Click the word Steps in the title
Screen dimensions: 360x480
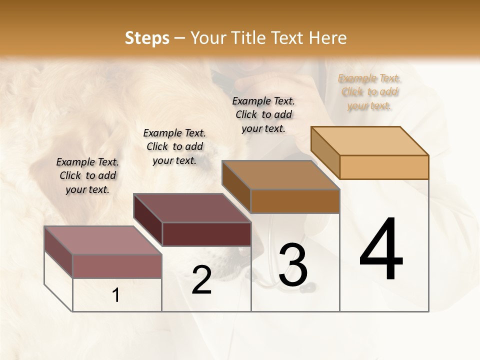pyautogui.click(x=147, y=38)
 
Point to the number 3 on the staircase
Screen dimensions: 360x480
pyautogui.click(x=293, y=265)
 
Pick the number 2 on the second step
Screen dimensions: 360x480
pyautogui.click(x=201, y=280)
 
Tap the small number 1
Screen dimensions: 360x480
pyautogui.click(x=116, y=295)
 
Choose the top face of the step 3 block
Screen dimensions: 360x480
pyautogui.click(x=280, y=175)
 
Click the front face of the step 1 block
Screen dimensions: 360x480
pyautogui.click(x=117, y=266)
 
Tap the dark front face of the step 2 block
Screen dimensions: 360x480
pyautogui.click(x=206, y=234)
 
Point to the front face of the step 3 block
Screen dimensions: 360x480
pyautogui.click(x=295, y=201)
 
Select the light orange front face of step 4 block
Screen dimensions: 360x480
pyautogui.click(x=384, y=167)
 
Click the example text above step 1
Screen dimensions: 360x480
pyautogui.click(x=87, y=175)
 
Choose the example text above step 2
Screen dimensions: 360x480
pyautogui.click(x=174, y=146)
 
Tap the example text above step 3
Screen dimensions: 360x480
pyautogui.click(x=263, y=114)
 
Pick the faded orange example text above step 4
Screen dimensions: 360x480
pyautogui.click(x=369, y=92)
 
